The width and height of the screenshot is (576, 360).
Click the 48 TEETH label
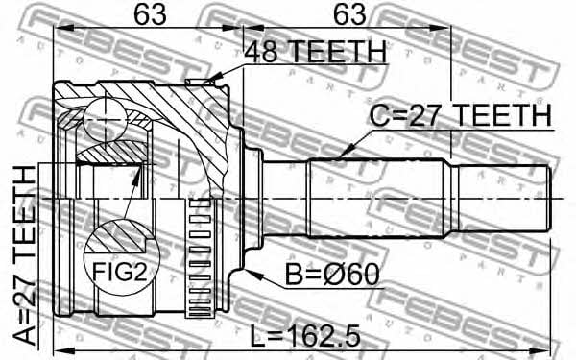pyautogui.click(x=316, y=52)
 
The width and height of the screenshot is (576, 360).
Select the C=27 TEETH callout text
pyautogui.click(x=461, y=116)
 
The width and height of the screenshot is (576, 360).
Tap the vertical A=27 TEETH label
pyautogui.click(x=25, y=255)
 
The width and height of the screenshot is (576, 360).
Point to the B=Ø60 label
pyautogui.click(x=332, y=275)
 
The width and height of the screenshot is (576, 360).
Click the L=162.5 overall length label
pyautogui.click(x=305, y=337)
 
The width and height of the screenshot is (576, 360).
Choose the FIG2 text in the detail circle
pyautogui.click(x=119, y=273)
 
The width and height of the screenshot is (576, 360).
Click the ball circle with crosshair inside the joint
pyautogui.click(x=106, y=119)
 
